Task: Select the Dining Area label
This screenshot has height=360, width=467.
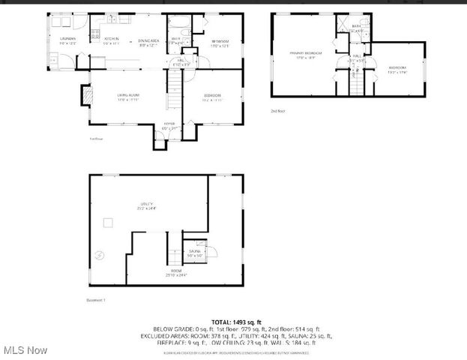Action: [148, 41]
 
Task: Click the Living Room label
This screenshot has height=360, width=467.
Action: [127, 96]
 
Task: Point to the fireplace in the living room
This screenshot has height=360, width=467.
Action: [86, 95]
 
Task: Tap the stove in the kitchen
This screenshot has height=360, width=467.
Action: [96, 33]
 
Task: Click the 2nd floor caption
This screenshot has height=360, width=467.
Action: [278, 110]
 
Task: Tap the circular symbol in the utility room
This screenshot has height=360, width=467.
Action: [100, 256]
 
